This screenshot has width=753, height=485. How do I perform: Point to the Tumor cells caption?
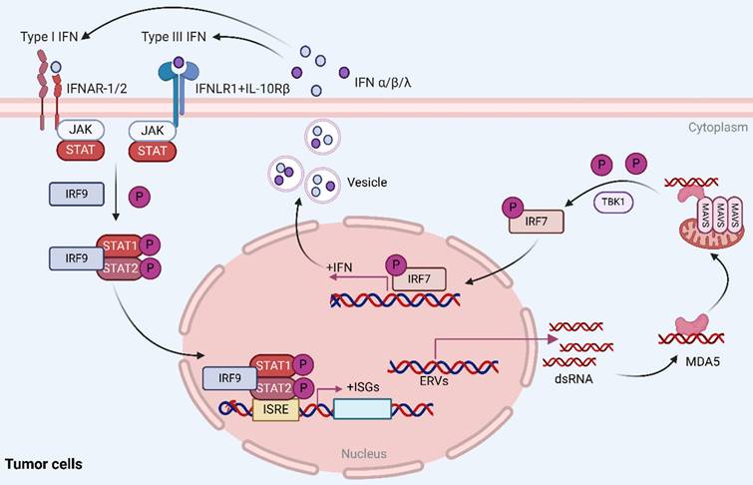pos(44,464)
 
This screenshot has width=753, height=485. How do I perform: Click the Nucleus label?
pos(364,454)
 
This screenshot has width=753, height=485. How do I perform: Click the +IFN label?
pos(341,267)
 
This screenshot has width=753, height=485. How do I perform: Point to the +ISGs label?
pos(364,384)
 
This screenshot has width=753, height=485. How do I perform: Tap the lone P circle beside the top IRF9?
pos(141,197)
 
